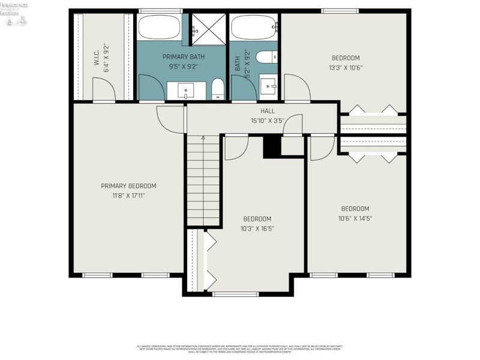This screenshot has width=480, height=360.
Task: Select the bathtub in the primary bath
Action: (159, 27)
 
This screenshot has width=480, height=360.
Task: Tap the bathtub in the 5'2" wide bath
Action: (254, 27)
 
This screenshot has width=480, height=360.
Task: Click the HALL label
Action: (268, 112)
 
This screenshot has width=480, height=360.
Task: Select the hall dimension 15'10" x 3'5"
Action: (268, 121)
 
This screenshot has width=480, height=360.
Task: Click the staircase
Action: (203, 180)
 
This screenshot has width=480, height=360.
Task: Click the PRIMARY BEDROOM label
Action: (128, 186)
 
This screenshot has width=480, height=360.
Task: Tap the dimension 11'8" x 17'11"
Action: (128, 195)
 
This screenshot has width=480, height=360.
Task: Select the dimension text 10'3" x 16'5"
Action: (257, 228)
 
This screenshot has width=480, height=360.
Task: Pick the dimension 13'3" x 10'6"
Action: (346, 67)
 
